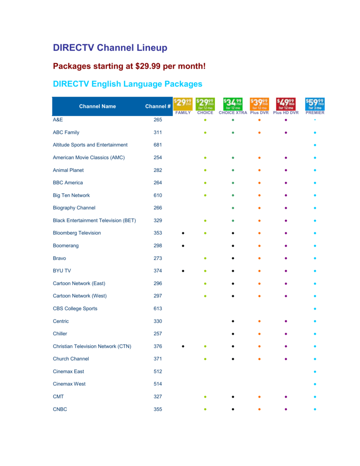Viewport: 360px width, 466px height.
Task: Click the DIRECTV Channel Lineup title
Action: pyautogui.click(x=110, y=48)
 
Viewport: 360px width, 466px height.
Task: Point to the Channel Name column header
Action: pyautogui.click(x=97, y=106)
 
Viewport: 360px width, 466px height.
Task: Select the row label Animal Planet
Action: pyautogui.click(x=68, y=170)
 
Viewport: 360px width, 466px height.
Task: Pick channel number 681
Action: pyautogui.click(x=157, y=145)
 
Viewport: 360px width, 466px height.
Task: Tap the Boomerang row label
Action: pyautogui.click(x=66, y=246)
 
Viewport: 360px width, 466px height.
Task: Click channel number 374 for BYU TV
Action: pyautogui.click(x=157, y=271)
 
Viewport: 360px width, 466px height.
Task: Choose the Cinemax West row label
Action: pyautogui.click(x=69, y=384)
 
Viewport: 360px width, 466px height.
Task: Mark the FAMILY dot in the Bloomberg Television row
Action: pyautogui.click(x=183, y=233)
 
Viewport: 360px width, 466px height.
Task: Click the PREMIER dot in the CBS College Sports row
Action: pyautogui.click(x=315, y=309)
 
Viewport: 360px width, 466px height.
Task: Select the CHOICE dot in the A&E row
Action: pyautogui.click(x=205, y=120)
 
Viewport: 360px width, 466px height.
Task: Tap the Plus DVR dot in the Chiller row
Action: pyautogui.click(x=259, y=334)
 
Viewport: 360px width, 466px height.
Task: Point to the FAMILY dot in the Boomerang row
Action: pyautogui.click(x=183, y=246)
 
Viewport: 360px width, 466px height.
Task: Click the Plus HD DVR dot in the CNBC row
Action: pyautogui.click(x=286, y=409)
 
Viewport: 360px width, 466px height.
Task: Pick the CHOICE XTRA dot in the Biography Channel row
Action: pyautogui.click(x=233, y=208)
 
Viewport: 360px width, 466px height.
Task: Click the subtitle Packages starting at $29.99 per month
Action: pyautogui.click(x=129, y=66)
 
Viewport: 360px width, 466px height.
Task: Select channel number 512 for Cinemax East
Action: pyautogui.click(x=157, y=371)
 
